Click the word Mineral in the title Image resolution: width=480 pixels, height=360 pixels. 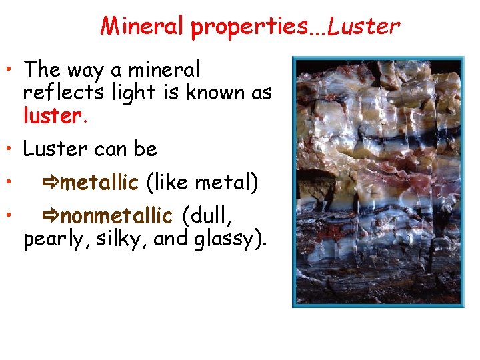coord(143,26)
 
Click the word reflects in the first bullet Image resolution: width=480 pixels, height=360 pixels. coord(60,93)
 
